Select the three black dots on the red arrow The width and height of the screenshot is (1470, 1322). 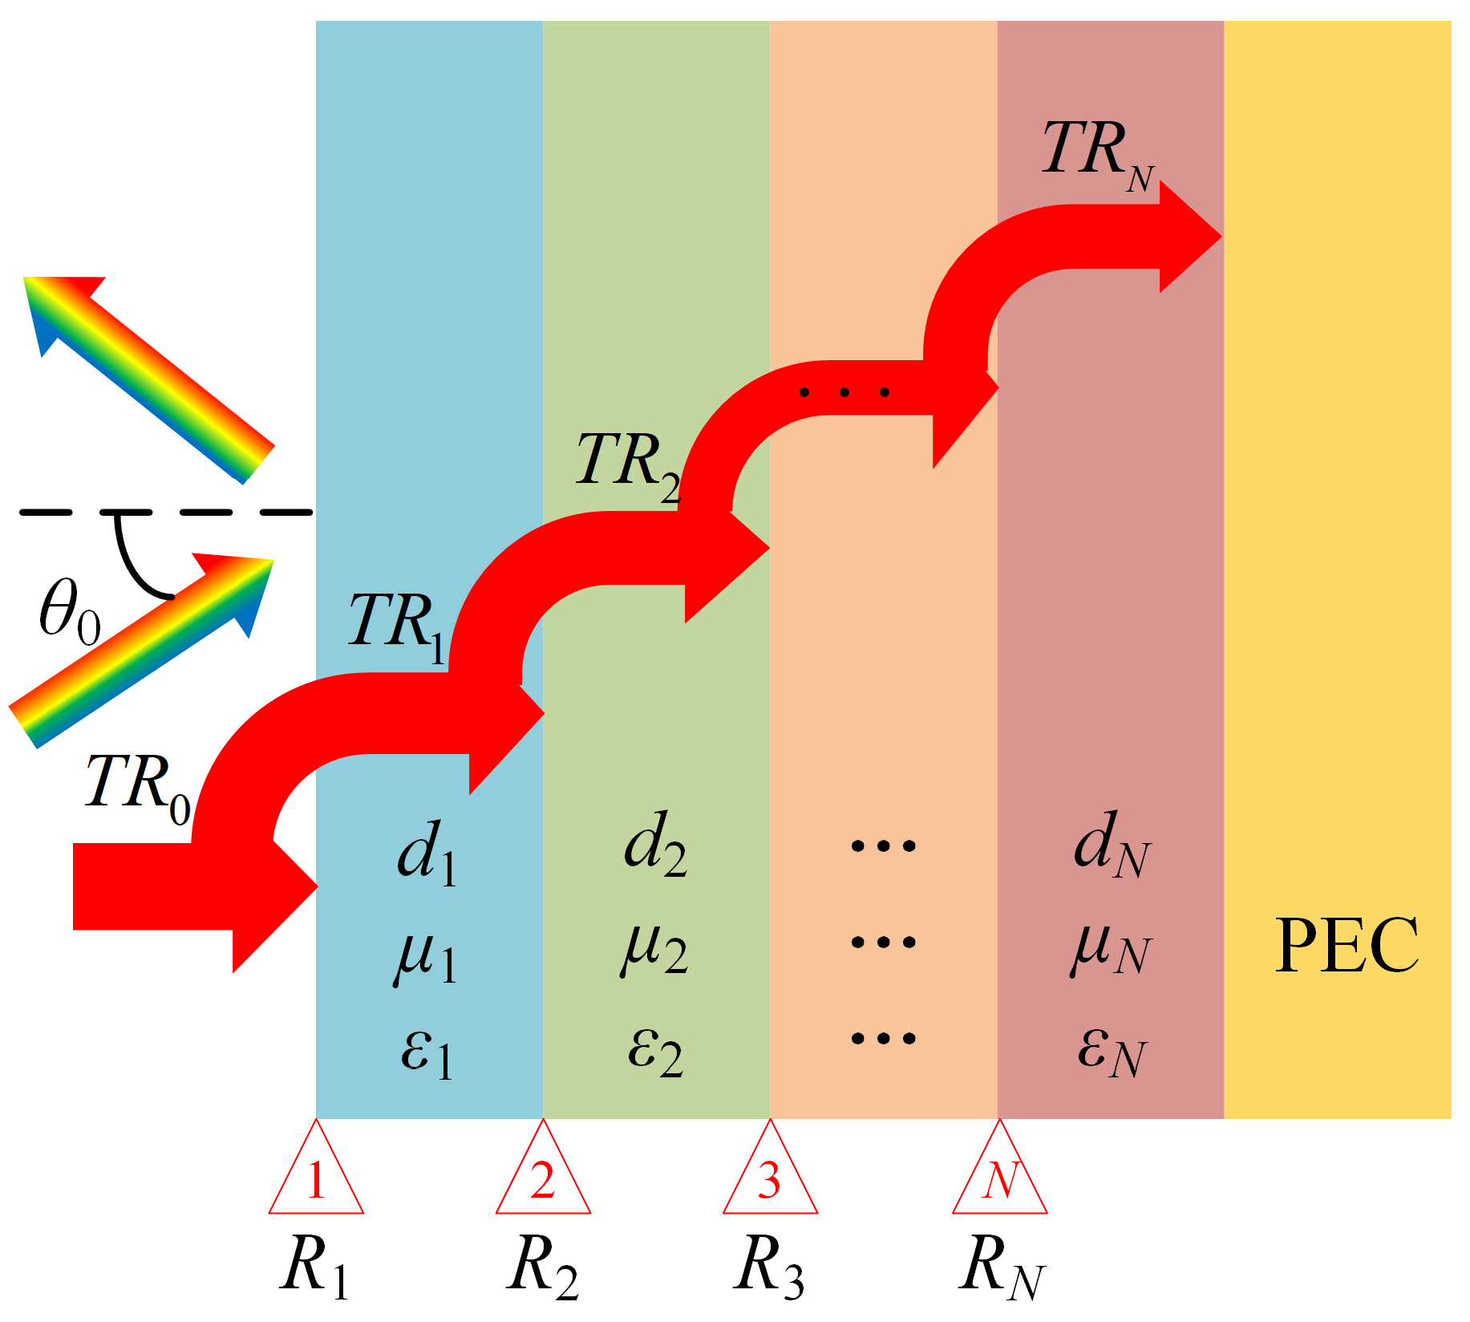click(844, 392)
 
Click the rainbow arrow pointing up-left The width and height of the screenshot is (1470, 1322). click(148, 377)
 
